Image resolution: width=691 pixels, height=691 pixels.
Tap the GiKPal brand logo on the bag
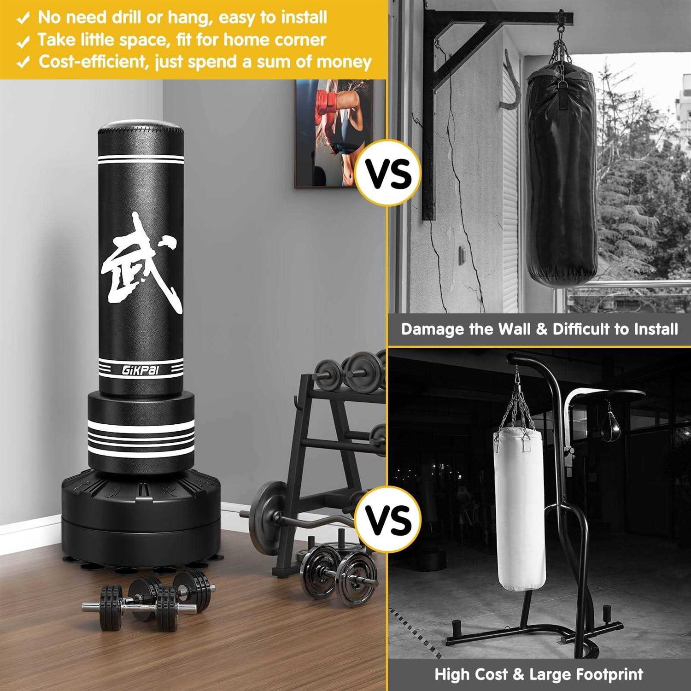tap(141, 369)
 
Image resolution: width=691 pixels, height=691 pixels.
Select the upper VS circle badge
tap(388, 174)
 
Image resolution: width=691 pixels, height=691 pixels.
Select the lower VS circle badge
tap(388, 519)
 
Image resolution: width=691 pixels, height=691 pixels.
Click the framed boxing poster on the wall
tap(340, 134)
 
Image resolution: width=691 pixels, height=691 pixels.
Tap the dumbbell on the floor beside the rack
tap(339, 576)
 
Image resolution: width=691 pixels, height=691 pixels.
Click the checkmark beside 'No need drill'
tap(23, 18)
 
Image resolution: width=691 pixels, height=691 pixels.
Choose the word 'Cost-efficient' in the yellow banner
tap(92, 62)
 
